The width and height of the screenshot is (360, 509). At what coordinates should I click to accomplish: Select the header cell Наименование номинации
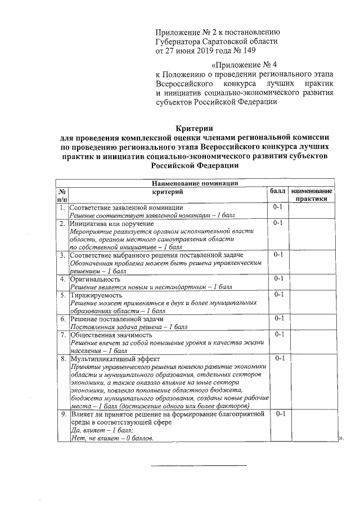[195, 183]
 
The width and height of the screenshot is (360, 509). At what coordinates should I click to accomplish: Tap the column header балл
[278, 192]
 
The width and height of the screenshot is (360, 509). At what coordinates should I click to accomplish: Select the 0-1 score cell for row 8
[280, 358]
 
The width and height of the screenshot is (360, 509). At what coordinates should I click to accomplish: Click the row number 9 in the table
[63, 414]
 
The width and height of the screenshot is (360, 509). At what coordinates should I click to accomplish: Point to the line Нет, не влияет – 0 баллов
[111, 438]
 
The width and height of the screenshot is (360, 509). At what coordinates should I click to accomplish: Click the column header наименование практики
[312, 195]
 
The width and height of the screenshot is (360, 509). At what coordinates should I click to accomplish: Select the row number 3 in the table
[63, 255]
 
